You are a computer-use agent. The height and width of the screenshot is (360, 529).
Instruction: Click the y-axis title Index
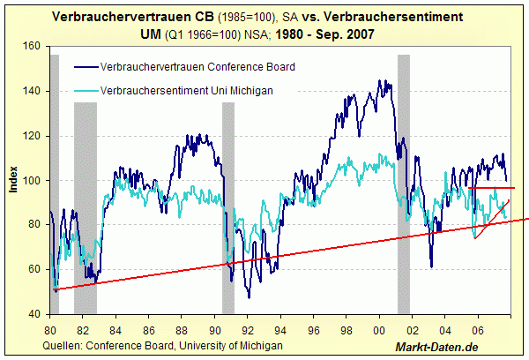click(x=12, y=180)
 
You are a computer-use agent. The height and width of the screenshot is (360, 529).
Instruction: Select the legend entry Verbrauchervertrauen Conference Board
click(x=197, y=66)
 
